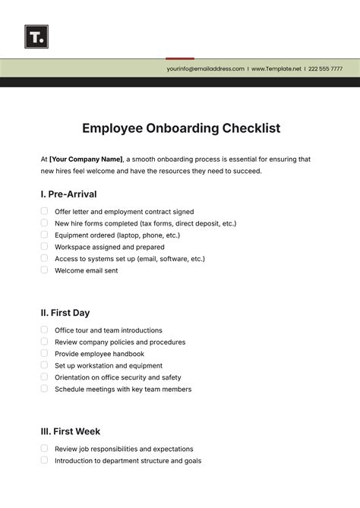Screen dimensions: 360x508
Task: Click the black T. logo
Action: pos(36,36)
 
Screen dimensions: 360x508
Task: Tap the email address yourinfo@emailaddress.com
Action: pos(205,68)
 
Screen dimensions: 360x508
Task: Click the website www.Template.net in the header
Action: pos(276,68)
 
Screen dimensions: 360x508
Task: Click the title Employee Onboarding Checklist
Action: pos(181,128)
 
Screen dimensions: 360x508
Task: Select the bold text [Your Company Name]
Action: pos(86,159)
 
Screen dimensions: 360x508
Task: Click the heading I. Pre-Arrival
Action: pos(68,194)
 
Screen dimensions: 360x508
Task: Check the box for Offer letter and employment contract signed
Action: pos(44,211)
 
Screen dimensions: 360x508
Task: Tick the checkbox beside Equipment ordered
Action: pos(44,235)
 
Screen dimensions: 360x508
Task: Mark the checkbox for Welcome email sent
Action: pos(44,270)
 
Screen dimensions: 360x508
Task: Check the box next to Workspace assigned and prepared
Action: pos(44,246)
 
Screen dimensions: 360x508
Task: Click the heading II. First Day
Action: pos(65,312)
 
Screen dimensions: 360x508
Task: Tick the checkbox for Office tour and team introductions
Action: pos(44,330)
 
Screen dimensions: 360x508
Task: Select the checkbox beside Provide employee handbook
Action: pos(44,353)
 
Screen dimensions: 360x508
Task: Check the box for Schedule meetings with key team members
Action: pos(44,388)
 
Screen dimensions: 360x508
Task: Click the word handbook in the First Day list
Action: pos(127,354)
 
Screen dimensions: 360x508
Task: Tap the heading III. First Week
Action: pos(70,431)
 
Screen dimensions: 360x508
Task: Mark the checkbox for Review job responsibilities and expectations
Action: pos(44,448)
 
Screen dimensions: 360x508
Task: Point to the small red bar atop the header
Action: pos(180,58)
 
